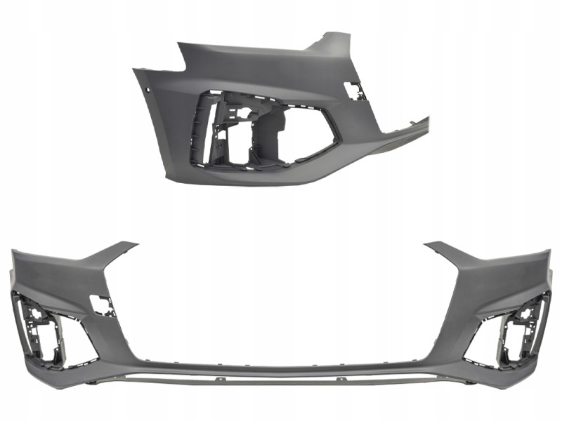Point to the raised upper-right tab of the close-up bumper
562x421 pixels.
330,42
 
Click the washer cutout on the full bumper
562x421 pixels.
103,305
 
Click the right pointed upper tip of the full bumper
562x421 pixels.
431,245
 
